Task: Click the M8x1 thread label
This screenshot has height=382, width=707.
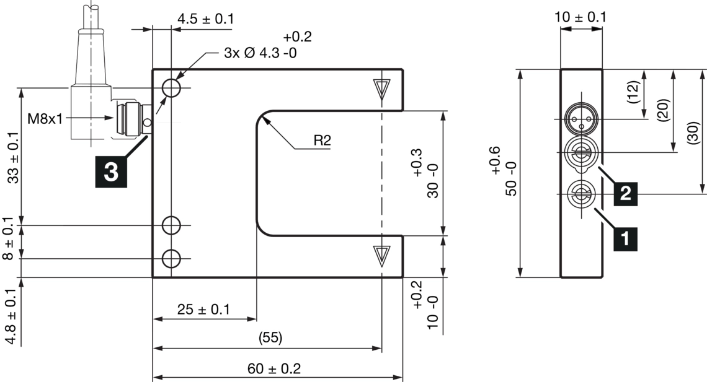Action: [x=45, y=118]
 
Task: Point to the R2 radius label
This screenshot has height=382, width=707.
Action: [x=322, y=141]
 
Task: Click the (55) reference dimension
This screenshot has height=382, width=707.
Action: [x=268, y=338]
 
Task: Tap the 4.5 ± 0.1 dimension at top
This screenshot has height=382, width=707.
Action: [x=205, y=19]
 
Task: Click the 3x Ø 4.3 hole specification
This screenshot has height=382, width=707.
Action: [x=260, y=53]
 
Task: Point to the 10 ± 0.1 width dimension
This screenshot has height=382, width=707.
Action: [x=580, y=17]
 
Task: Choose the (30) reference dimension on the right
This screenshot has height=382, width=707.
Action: [x=694, y=132]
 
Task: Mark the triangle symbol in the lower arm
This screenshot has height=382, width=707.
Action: [x=381, y=254]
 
